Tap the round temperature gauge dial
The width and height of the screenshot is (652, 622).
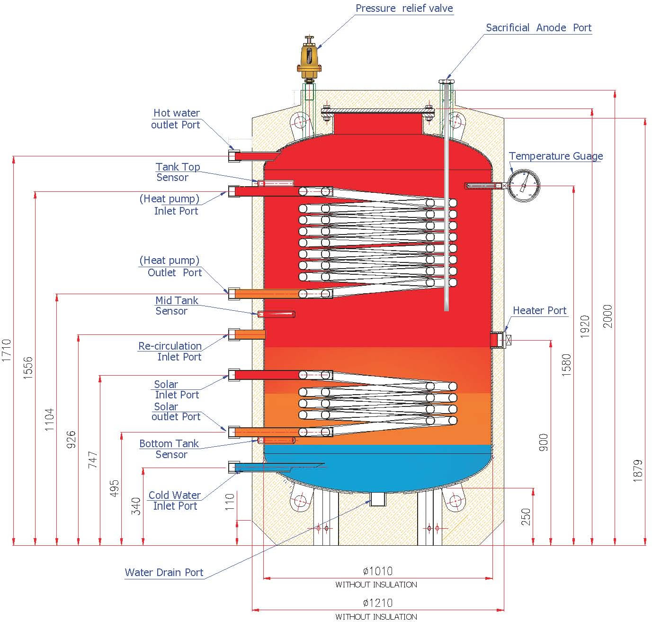(524, 185)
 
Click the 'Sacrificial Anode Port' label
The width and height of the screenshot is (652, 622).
(538, 27)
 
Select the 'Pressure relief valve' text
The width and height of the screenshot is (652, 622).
(404, 8)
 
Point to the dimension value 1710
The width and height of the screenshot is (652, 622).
(6, 351)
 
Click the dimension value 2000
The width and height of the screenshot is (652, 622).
(608, 316)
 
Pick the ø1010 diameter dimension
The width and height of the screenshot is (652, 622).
(377, 571)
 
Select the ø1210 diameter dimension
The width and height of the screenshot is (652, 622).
(377, 603)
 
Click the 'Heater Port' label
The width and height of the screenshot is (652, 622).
(539, 310)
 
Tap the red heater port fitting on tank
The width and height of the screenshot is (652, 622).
(496, 340)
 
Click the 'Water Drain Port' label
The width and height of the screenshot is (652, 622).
(164, 572)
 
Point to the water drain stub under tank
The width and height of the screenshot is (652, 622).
(377, 499)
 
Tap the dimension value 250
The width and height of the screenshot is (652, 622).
(526, 517)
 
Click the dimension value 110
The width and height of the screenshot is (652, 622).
(230, 502)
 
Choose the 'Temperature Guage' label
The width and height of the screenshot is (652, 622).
(555, 156)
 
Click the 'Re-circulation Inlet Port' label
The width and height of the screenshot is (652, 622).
(170, 351)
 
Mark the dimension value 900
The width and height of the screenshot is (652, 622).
(543, 442)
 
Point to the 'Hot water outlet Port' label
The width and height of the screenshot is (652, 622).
(176, 119)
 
